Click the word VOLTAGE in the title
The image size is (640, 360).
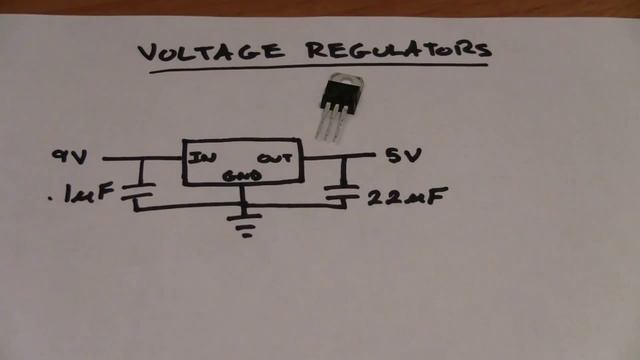(x=210, y=51)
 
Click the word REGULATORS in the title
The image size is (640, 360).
(x=399, y=49)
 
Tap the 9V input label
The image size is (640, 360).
(x=69, y=156)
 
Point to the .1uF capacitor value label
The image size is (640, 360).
(x=81, y=193)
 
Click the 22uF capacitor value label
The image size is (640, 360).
(x=407, y=197)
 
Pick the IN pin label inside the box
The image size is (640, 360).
(x=202, y=158)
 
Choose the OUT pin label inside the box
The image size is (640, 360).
(x=274, y=158)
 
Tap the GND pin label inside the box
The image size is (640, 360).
(x=242, y=176)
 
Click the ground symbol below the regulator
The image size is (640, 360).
(x=244, y=224)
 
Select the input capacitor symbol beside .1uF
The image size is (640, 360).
(x=139, y=191)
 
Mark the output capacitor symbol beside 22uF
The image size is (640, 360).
(x=342, y=192)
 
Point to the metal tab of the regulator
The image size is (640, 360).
(x=347, y=80)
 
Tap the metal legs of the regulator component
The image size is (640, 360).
(x=331, y=124)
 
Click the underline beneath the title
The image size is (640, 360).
(x=318, y=69)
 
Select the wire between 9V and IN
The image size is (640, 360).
(x=142, y=158)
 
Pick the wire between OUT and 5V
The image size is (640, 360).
(x=339, y=156)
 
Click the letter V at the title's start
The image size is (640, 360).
(x=148, y=53)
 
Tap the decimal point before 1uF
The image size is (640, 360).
(x=50, y=200)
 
